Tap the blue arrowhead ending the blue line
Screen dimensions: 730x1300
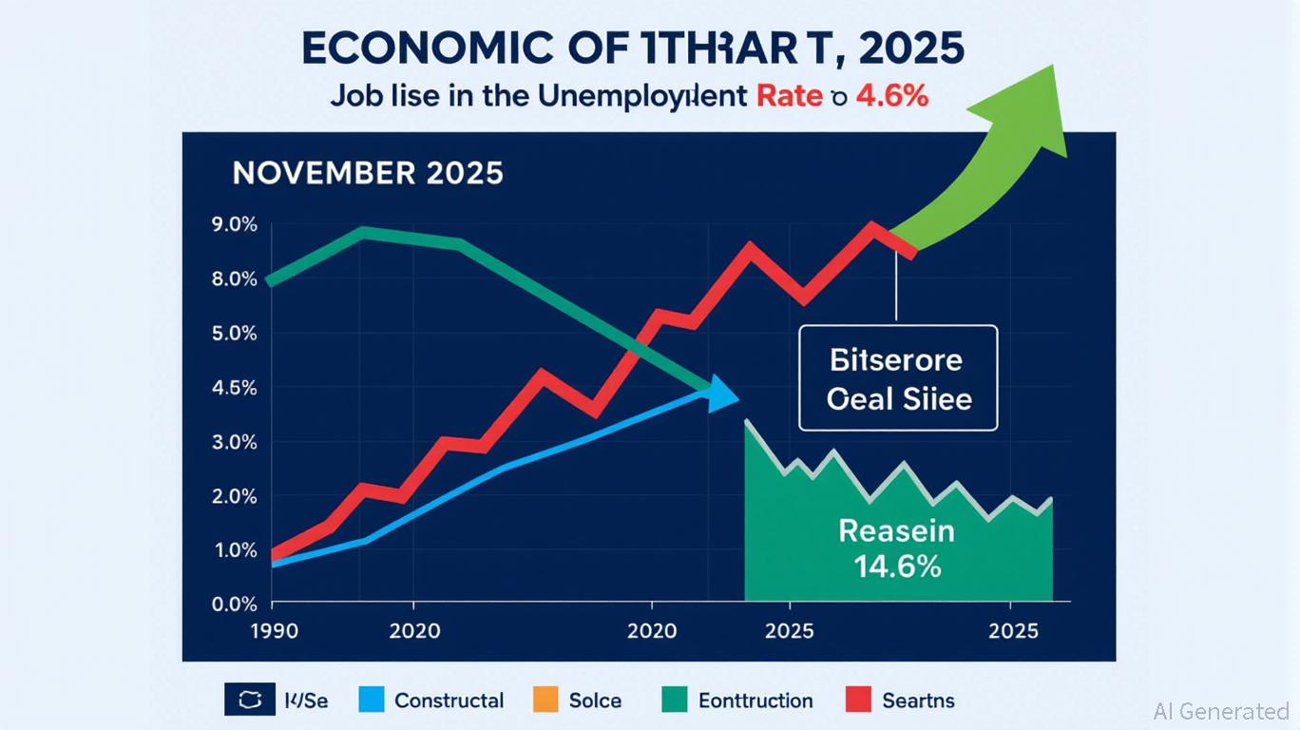click(x=724, y=392)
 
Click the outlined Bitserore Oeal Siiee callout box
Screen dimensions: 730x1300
click(x=898, y=378)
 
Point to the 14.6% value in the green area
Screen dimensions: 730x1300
click(x=897, y=567)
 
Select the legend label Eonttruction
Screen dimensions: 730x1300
click(x=755, y=701)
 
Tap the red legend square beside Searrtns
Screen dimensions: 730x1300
click(x=857, y=701)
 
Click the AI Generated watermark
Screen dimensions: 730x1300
click(x=1220, y=711)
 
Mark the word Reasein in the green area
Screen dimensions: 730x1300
click(x=897, y=531)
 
